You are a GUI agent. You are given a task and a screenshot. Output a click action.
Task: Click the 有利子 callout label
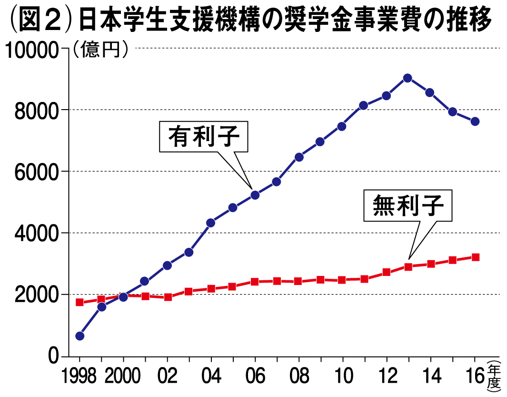[x=203, y=137]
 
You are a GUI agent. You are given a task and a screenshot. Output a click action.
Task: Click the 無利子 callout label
[x=408, y=206]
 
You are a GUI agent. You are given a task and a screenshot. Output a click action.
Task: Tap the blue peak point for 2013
[x=408, y=78]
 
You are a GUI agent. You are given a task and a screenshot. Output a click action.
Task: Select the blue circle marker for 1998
[x=80, y=336]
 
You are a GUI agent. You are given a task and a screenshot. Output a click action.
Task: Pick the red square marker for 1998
[x=80, y=302]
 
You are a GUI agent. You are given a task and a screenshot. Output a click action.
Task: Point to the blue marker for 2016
[x=475, y=122]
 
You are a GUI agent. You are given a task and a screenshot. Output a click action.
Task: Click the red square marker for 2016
[x=475, y=257]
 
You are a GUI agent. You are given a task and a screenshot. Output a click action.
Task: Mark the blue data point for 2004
[x=211, y=223]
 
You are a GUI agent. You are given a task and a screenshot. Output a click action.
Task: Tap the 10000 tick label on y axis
[x=31, y=49]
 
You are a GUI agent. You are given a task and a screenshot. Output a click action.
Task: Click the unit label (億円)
[x=100, y=49]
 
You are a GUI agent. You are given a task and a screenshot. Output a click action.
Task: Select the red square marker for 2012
[x=387, y=272]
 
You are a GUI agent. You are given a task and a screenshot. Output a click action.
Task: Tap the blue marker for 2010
[x=342, y=126]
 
